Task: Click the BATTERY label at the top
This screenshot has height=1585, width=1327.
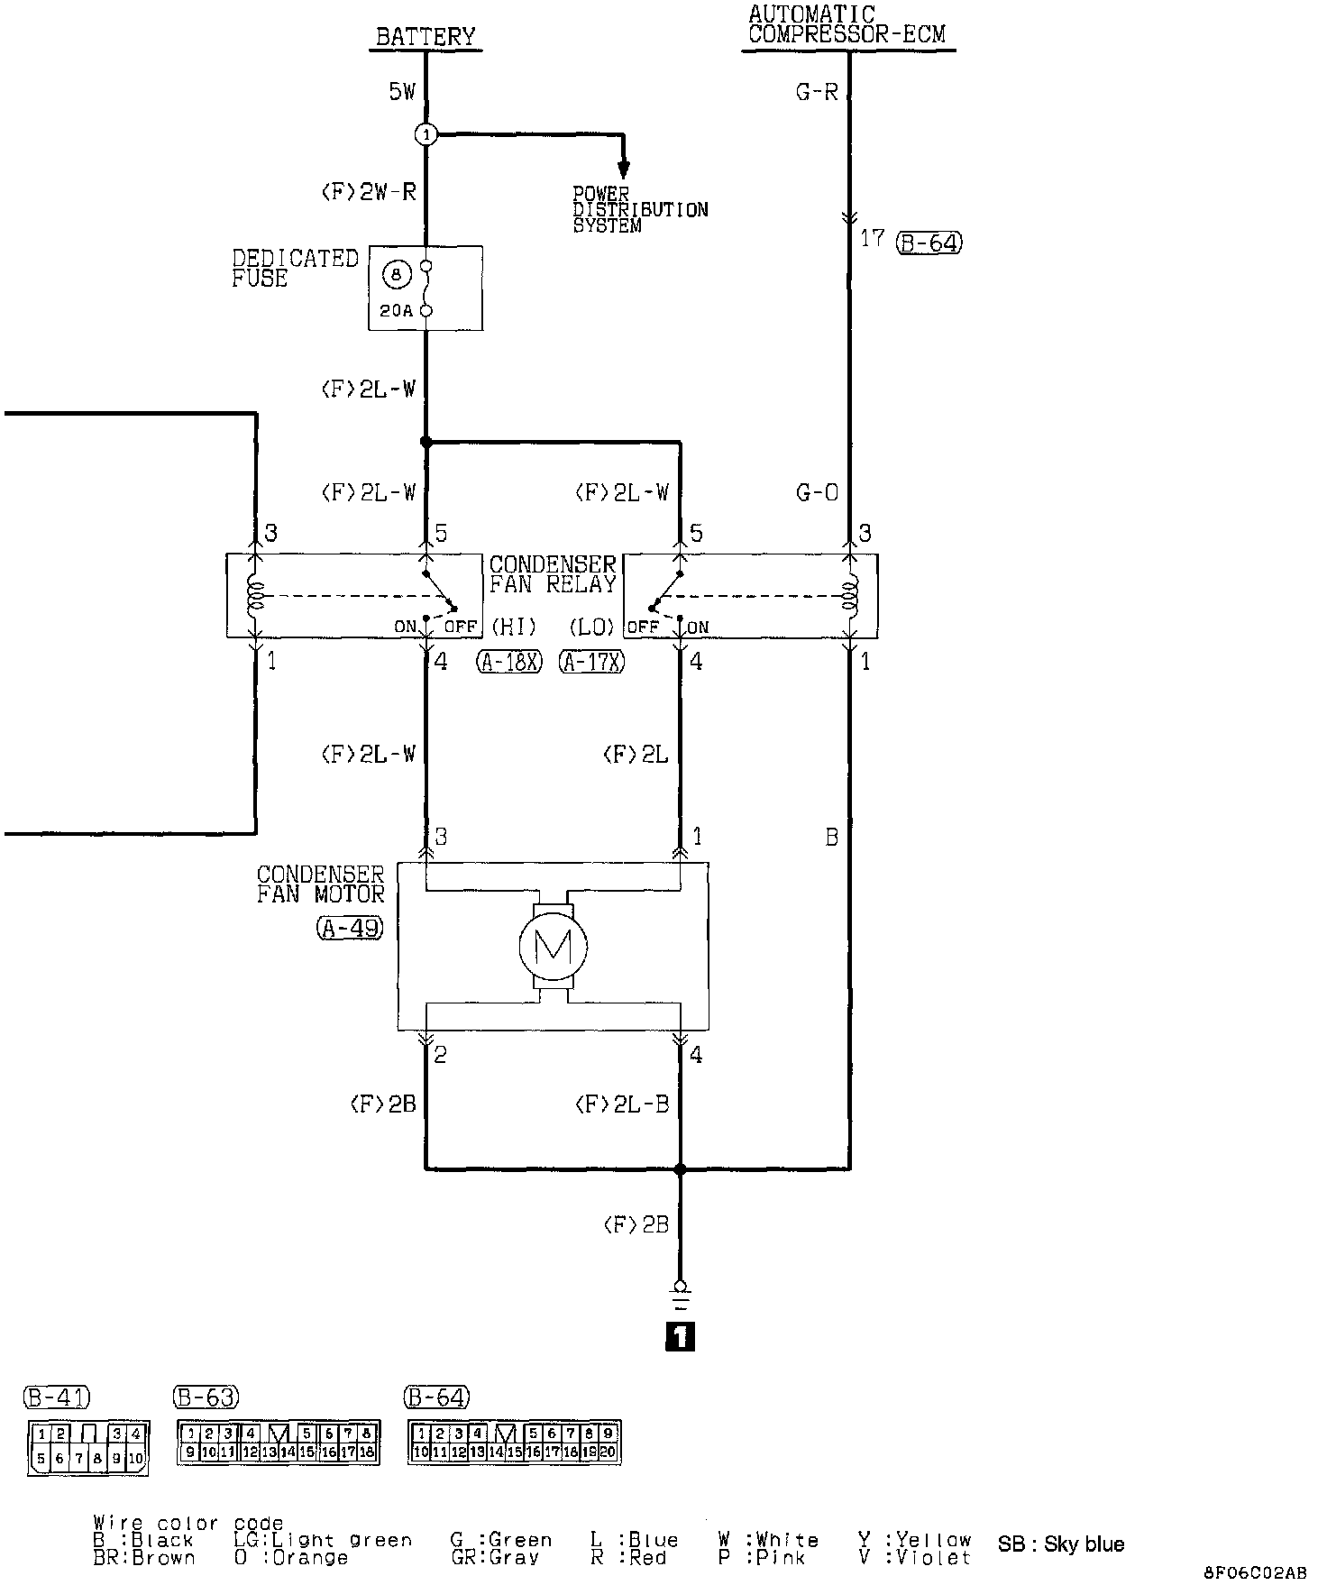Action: tap(425, 37)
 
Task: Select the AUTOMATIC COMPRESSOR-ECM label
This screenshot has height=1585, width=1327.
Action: tap(847, 25)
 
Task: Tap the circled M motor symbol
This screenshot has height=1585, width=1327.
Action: tap(553, 946)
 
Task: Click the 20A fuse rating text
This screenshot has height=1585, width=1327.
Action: tap(396, 311)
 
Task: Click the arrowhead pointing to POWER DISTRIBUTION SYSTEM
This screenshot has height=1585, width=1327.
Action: tap(623, 169)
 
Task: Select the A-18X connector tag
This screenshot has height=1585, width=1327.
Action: tap(509, 663)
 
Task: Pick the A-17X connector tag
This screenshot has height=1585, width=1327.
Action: tap(592, 663)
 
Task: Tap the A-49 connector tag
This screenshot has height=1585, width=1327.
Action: tap(350, 928)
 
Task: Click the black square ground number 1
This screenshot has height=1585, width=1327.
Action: tap(680, 1337)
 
